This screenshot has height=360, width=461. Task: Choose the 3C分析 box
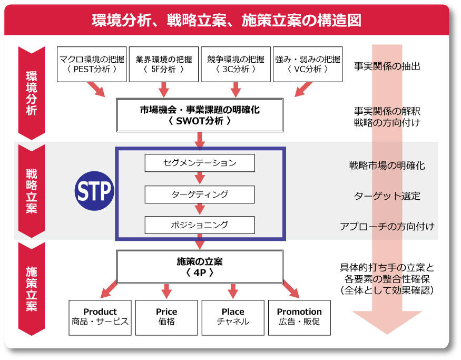coord(235,64)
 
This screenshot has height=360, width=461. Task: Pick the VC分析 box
coord(308,64)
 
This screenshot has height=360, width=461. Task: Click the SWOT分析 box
coord(200,115)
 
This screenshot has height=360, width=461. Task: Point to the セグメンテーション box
coord(200,163)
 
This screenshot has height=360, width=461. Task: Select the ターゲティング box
coord(200,194)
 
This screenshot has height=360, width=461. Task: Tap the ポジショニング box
coord(200,225)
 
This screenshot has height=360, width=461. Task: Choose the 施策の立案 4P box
coord(200,267)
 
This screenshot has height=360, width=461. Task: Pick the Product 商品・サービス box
coord(100,317)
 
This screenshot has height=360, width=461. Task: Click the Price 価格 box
coord(166,317)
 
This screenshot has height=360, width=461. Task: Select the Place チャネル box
coord(233,317)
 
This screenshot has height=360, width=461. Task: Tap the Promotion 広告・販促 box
coord(299,317)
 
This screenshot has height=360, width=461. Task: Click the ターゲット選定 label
coord(387,196)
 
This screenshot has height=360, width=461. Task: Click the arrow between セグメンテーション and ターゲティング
coord(200,179)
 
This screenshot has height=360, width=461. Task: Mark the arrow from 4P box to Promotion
coord(290,290)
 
